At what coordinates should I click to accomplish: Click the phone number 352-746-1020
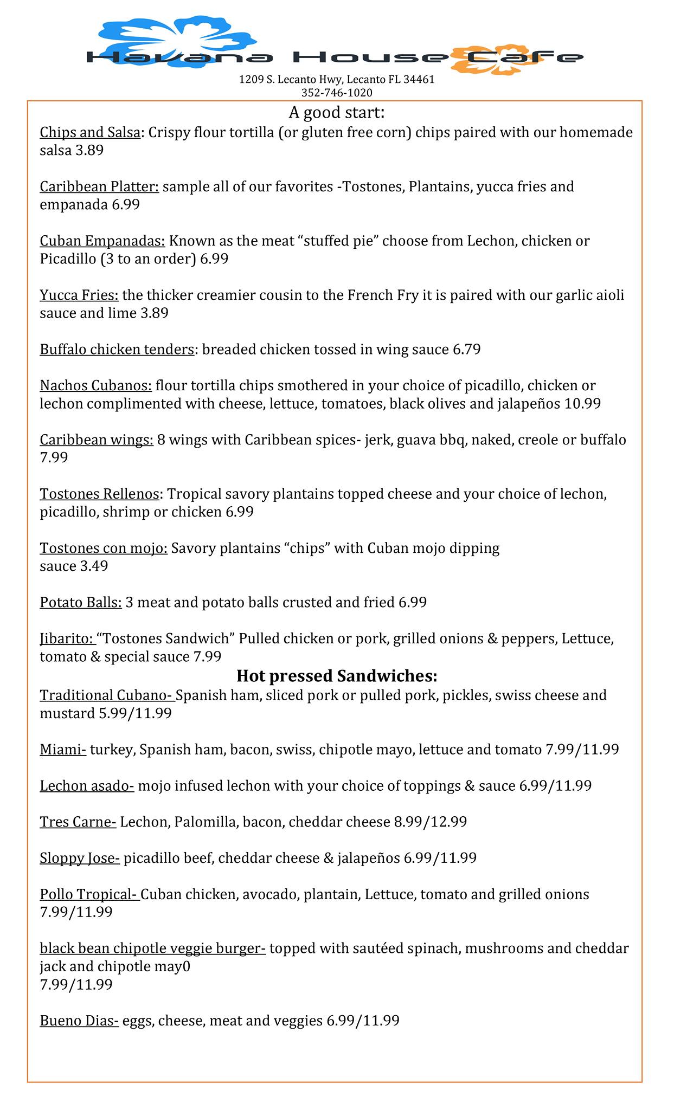click(x=337, y=93)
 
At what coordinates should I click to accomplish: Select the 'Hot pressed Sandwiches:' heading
click(x=337, y=676)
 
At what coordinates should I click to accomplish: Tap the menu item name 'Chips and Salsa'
click(x=90, y=132)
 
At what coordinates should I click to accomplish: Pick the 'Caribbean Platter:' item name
click(x=99, y=186)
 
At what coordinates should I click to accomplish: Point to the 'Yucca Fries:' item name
click(x=79, y=295)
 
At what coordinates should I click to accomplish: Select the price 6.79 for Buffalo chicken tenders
click(x=466, y=349)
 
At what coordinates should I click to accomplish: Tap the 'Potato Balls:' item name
click(x=81, y=602)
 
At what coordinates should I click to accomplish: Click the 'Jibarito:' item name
click(x=67, y=638)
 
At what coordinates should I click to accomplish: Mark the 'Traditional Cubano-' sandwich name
click(x=107, y=695)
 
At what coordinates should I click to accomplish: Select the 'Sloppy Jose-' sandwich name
click(x=80, y=858)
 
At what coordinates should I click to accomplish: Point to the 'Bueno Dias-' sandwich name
click(x=79, y=1021)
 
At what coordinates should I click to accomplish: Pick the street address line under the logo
click(x=337, y=80)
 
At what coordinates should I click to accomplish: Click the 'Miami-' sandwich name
click(x=63, y=750)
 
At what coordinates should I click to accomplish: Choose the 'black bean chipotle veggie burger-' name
click(x=152, y=948)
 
